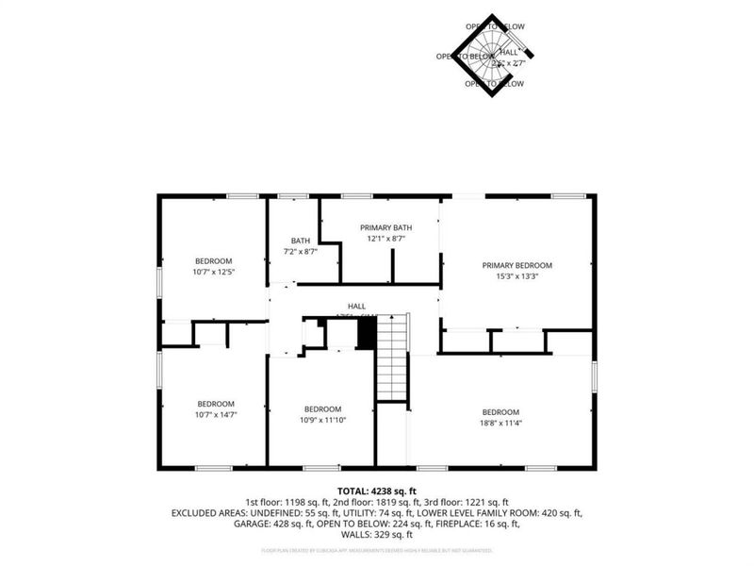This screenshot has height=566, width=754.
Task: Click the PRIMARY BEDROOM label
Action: (516, 265)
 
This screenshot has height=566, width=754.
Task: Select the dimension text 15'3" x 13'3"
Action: (516, 277)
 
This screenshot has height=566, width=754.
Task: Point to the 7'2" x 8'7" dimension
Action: (300, 252)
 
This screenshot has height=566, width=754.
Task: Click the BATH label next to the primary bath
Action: (300, 241)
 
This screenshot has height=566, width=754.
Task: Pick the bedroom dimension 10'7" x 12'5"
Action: (213, 273)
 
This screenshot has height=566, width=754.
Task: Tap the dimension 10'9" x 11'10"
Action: (322, 420)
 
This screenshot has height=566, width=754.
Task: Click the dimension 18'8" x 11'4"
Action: (500, 423)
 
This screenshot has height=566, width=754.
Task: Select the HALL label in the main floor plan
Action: (356, 306)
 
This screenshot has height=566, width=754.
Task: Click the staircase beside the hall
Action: (391, 358)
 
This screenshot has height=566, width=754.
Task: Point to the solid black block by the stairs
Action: (367, 332)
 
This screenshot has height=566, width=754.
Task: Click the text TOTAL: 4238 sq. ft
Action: (377, 491)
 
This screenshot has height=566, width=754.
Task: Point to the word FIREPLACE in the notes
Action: (463, 524)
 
